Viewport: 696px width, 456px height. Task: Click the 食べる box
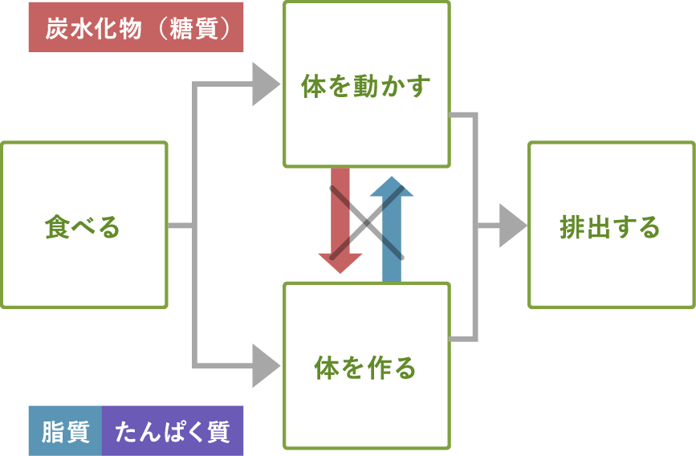[x=83, y=226]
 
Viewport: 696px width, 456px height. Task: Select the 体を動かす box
[x=366, y=84]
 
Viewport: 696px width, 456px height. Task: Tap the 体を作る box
[x=366, y=366]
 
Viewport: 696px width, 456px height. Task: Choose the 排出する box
[x=611, y=226]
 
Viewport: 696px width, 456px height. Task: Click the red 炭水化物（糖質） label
[x=136, y=28]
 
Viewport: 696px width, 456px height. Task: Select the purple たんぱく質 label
[x=173, y=431]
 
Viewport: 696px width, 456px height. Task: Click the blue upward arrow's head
[x=391, y=188]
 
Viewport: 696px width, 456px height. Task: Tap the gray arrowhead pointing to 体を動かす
[x=264, y=84]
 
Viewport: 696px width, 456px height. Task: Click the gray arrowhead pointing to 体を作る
[x=264, y=366]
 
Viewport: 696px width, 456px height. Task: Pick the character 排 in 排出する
[x=572, y=227]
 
